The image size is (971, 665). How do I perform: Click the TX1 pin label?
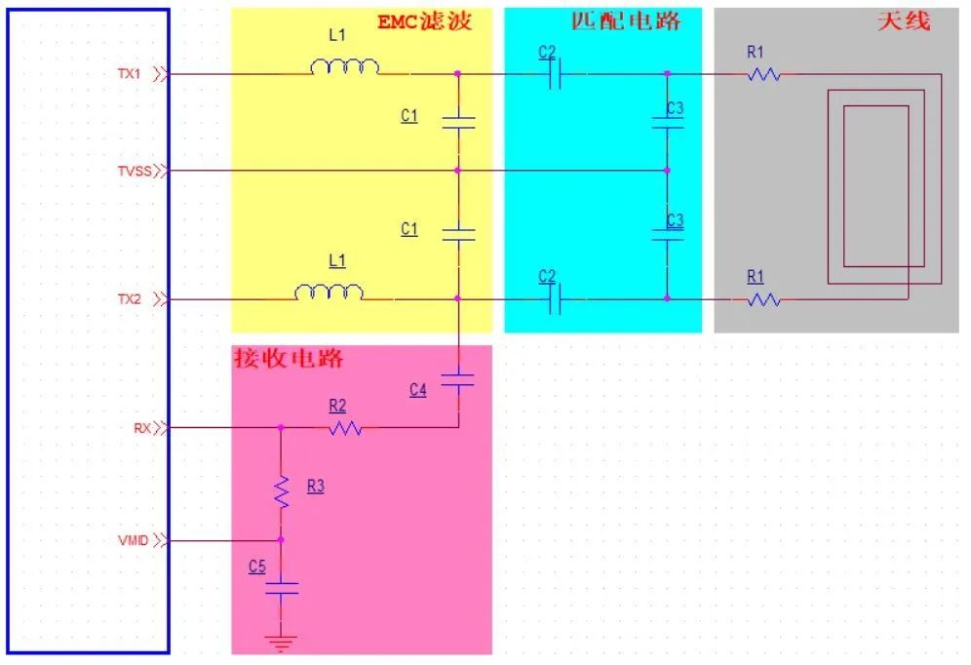point(130,73)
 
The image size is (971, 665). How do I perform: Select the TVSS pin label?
point(134,172)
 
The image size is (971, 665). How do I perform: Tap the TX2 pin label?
point(130,299)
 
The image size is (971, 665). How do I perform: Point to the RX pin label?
point(141,427)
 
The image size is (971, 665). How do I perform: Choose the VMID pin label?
point(134,539)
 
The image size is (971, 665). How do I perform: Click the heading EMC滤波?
point(424,21)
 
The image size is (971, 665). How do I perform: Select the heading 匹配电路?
point(625,20)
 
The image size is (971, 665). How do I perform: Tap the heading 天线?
point(904,20)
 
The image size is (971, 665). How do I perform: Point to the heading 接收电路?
point(289,358)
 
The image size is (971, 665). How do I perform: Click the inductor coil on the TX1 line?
point(344,67)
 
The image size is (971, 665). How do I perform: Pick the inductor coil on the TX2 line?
point(330,293)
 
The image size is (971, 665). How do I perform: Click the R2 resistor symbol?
point(345,427)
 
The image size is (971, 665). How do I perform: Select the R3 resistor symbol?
point(282,491)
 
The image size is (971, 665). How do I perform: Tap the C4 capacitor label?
point(418,390)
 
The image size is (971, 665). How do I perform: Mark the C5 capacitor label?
point(257,566)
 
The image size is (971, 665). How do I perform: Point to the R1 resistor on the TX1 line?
point(764,74)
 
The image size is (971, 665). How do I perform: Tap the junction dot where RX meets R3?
point(282,427)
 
